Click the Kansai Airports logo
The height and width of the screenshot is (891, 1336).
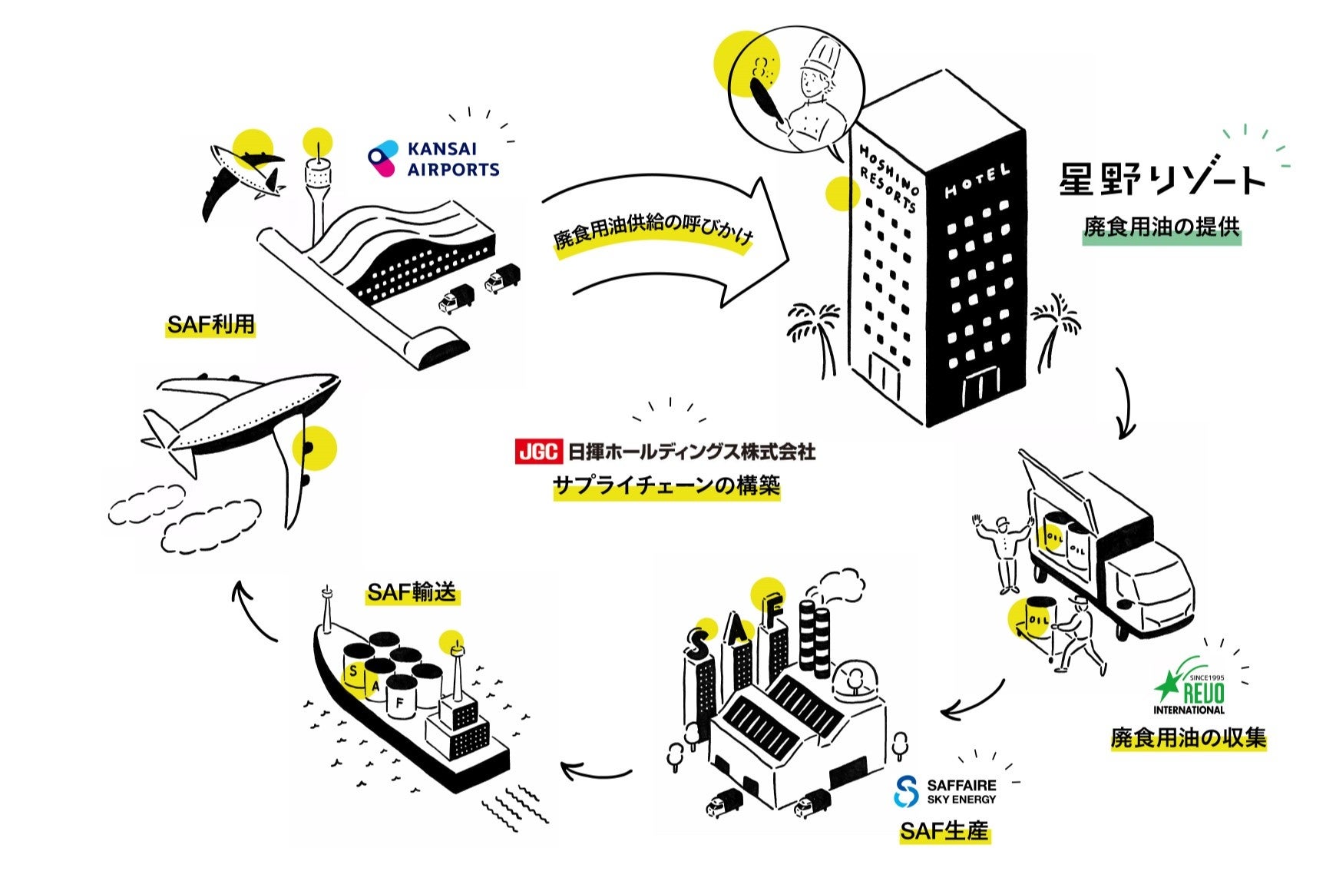pos(434,159)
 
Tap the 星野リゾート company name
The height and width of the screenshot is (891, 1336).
pos(1161,178)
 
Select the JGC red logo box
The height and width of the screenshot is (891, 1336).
pos(538,452)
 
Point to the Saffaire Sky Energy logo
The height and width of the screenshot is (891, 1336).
pos(946,792)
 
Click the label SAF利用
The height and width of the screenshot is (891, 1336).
pos(210,325)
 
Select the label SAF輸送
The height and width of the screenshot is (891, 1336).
pos(412,591)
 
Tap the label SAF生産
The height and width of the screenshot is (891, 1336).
pos(944,831)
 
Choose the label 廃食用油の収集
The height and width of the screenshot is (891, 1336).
pos(1188,739)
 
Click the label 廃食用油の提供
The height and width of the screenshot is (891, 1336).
pos(1161,227)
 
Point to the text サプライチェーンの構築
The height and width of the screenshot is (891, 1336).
pos(666,486)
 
